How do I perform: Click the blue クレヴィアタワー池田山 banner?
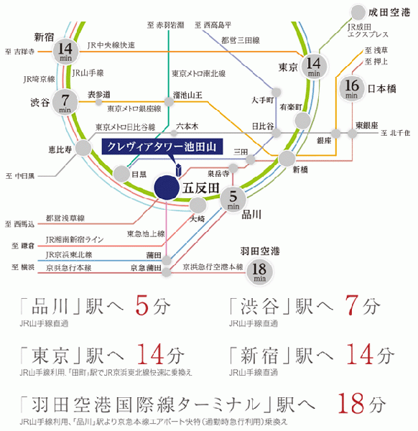pos(162,147)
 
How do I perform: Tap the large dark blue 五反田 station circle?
pos(164,189)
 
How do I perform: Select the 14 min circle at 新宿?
pos(65,52)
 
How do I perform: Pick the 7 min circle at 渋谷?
pos(65,102)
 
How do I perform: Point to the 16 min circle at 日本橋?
pos(352,88)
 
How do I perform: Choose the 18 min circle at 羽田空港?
pos(259,272)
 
